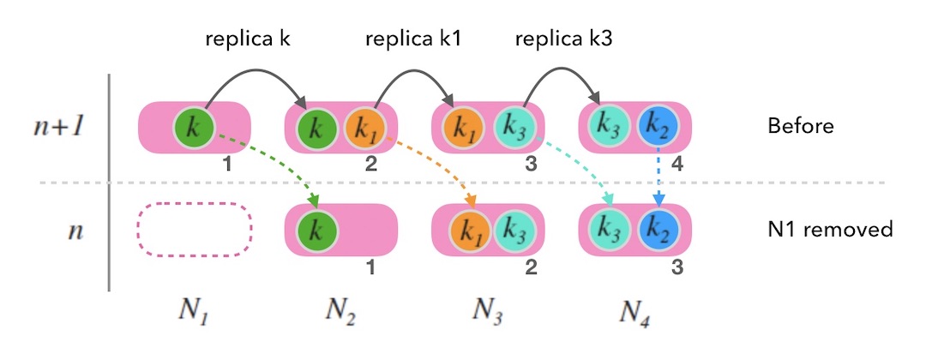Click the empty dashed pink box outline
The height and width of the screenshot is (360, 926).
[195, 230]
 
